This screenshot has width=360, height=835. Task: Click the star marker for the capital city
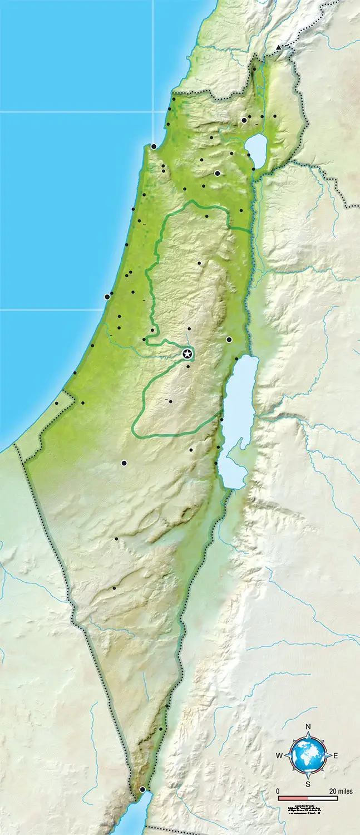tap(188, 353)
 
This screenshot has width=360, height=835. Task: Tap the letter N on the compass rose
tap(308, 726)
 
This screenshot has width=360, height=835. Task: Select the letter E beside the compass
tap(336, 755)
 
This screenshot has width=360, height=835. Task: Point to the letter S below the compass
tap(308, 784)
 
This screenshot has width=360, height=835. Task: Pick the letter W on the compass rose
tap(279, 755)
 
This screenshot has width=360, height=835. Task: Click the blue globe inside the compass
tap(308, 755)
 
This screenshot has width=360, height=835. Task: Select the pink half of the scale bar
tap(293, 798)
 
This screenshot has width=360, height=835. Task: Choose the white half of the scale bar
tap(323, 798)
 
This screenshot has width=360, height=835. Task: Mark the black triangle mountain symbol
tap(278, 48)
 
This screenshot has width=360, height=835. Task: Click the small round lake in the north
tap(256, 149)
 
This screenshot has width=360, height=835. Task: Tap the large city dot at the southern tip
tap(142, 789)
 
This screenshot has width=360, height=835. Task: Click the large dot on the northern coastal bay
tap(154, 146)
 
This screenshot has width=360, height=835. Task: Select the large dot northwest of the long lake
tap(229, 340)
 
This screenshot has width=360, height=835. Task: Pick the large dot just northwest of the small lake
tap(244, 120)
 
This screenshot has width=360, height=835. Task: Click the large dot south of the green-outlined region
tap(124, 463)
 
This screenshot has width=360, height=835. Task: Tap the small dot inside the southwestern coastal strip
tap(56, 404)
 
